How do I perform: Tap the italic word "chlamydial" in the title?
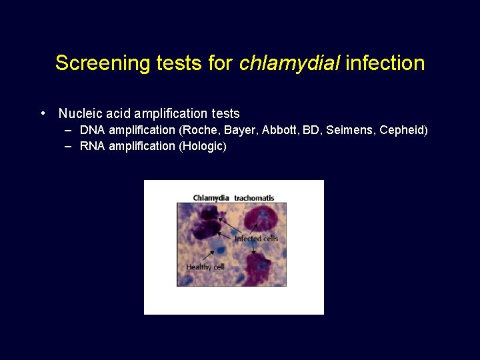coord(288,63)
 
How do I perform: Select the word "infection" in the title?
coord(385,63)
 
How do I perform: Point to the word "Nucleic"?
coord(79,114)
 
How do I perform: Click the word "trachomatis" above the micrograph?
coord(254,198)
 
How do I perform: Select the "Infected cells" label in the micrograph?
coord(256,239)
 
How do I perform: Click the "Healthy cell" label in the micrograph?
coord(205,267)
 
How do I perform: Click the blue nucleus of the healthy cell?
coord(219,251)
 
